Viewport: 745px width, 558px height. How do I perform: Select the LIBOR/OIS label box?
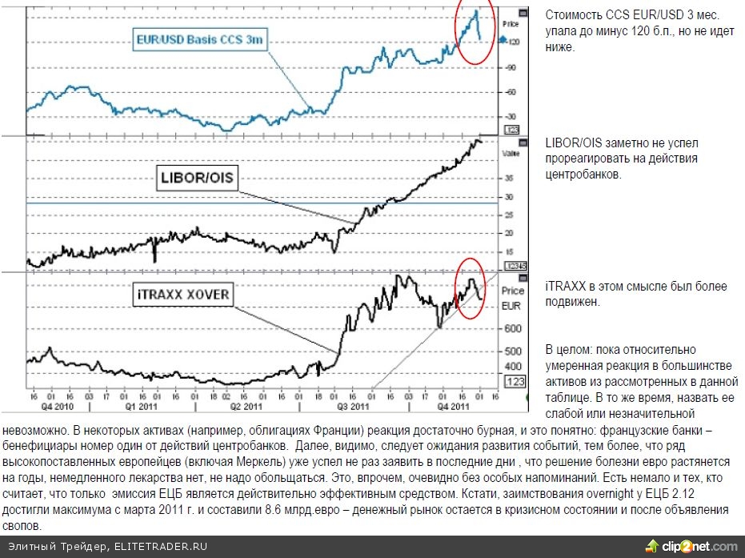point(197,178)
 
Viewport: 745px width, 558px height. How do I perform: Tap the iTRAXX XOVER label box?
point(182,295)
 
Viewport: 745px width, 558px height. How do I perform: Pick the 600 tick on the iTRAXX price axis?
point(513,328)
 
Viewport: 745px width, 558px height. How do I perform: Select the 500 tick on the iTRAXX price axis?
point(513,351)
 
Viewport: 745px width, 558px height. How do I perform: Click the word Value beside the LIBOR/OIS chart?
point(511,152)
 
